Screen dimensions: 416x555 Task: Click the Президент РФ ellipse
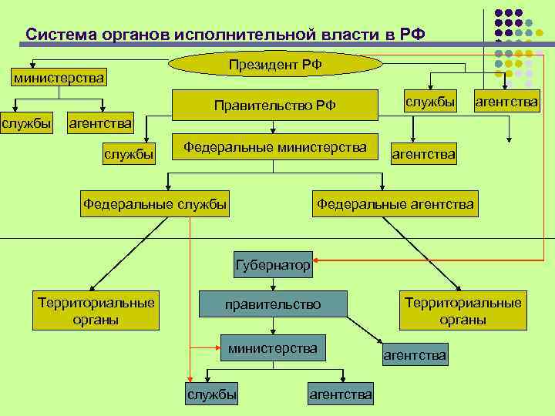(x=275, y=65)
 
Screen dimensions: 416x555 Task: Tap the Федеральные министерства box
(x=275, y=147)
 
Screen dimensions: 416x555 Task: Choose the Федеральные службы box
(x=155, y=204)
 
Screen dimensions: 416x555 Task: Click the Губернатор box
(x=273, y=266)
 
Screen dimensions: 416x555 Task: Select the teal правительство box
(x=273, y=305)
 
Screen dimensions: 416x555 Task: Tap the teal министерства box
(x=273, y=349)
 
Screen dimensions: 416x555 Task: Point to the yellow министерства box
(x=59, y=78)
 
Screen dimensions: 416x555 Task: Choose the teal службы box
(x=212, y=394)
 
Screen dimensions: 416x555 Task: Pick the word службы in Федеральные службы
(x=202, y=204)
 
